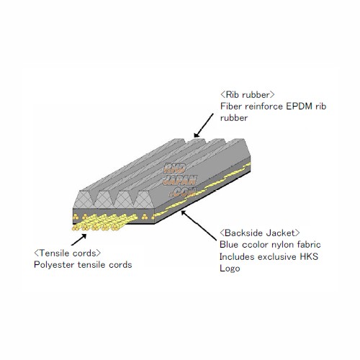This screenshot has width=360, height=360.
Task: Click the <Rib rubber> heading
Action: pyautogui.click(x=248, y=94)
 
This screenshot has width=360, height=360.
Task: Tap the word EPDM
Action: pyautogui.click(x=299, y=106)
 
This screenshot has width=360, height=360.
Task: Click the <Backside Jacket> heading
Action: pyautogui.click(x=260, y=233)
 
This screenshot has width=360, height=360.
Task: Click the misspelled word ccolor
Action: pyautogui.click(x=255, y=245)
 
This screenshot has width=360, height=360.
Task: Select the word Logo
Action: pyautogui.click(x=230, y=269)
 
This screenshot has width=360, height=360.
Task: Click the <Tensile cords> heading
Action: pyautogui.click(x=68, y=253)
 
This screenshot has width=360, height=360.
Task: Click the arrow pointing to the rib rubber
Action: pyautogui.click(x=204, y=125)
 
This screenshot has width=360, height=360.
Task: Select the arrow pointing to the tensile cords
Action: pyautogui.click(x=78, y=240)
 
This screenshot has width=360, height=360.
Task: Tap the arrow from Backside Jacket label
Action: pyautogui.click(x=199, y=225)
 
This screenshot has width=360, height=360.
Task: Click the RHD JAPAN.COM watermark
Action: pyautogui.click(x=179, y=180)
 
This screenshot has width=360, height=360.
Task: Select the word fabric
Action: pyautogui.click(x=309, y=245)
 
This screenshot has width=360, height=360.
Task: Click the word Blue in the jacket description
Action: pyautogui.click(x=229, y=245)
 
